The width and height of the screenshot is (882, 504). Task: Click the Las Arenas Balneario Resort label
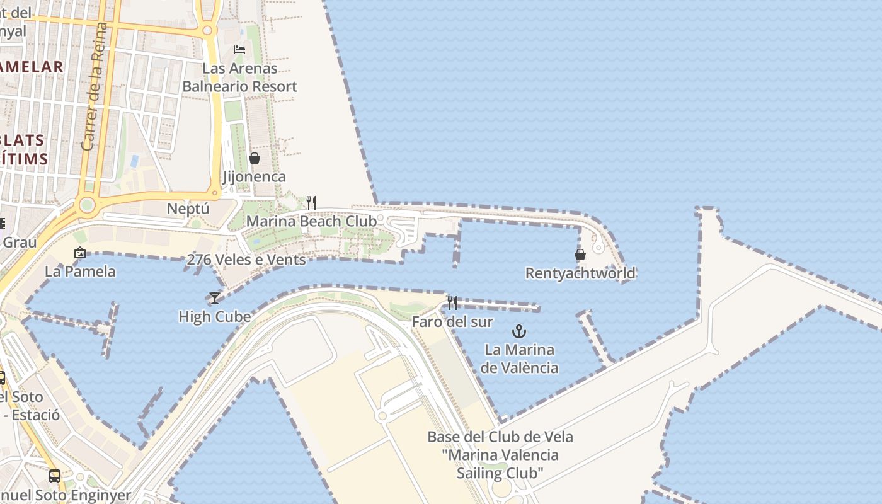coord(239,77)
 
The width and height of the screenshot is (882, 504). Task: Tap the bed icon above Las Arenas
coord(239,49)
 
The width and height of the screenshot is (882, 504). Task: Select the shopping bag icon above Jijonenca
coord(255,158)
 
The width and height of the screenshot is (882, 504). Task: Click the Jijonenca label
coord(255,177)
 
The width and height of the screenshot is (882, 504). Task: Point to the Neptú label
coord(188,209)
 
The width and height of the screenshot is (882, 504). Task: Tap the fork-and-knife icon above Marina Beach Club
coord(311,202)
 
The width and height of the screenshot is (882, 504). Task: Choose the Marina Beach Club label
coord(311,221)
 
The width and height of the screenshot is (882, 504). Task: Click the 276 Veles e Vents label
coord(246,260)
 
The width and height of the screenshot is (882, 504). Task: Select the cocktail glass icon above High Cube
coord(215,297)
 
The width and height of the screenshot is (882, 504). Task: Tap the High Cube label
coord(215,316)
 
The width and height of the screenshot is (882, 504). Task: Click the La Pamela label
coord(80,272)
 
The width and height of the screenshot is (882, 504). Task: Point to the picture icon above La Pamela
coord(80,253)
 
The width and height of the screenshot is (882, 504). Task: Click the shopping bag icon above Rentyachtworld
coord(580,255)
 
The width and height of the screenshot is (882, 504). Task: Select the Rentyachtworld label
coord(580,273)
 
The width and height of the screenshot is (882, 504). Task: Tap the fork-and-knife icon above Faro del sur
coord(452,303)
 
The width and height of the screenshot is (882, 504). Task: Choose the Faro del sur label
coord(452,322)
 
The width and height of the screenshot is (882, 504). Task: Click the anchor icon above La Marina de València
coord(519,331)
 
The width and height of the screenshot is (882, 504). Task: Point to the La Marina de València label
coord(519,358)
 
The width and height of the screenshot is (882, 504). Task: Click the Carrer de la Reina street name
coord(93,87)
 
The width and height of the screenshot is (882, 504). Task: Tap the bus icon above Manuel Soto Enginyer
coord(55,476)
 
